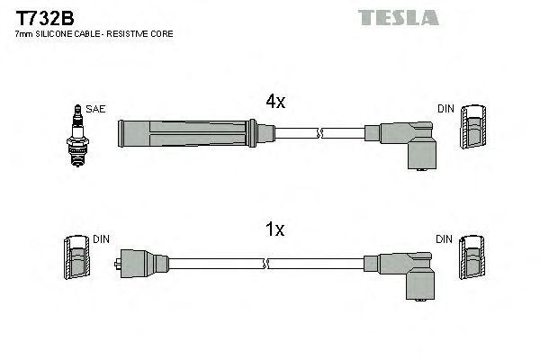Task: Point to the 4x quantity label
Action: (275, 103)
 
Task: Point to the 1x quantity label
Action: (275, 230)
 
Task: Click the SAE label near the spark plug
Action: (96, 110)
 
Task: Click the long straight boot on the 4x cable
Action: (193, 134)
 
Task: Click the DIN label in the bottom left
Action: (101, 239)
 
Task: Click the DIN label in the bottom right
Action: (445, 239)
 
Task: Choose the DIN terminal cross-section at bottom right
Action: (473, 258)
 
